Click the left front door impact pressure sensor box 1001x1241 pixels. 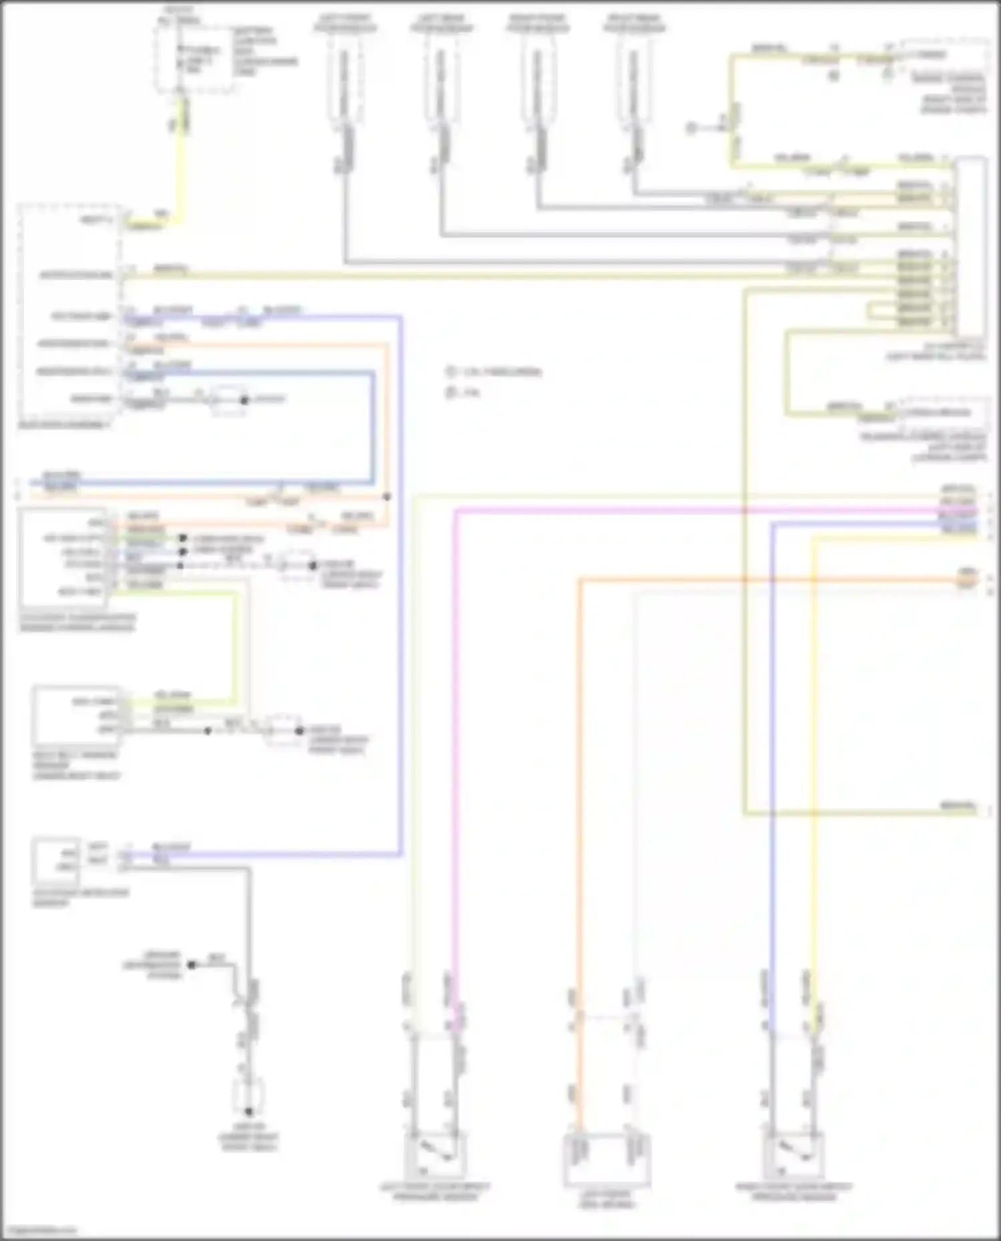pyautogui.click(x=434, y=1155)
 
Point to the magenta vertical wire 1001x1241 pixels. pyautogui.click(x=455, y=734)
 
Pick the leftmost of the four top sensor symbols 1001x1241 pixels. pyautogui.click(x=344, y=80)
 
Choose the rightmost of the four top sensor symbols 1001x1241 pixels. pyautogui.click(x=634, y=80)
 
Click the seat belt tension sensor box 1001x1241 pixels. pyautogui.click(x=76, y=715)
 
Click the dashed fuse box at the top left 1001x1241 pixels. pyautogui.click(x=194, y=60)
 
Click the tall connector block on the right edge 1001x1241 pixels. pyautogui.click(x=970, y=247)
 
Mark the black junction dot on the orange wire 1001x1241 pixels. pyautogui.click(x=387, y=497)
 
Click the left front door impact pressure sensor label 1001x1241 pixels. pyautogui.click(x=434, y=1192)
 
